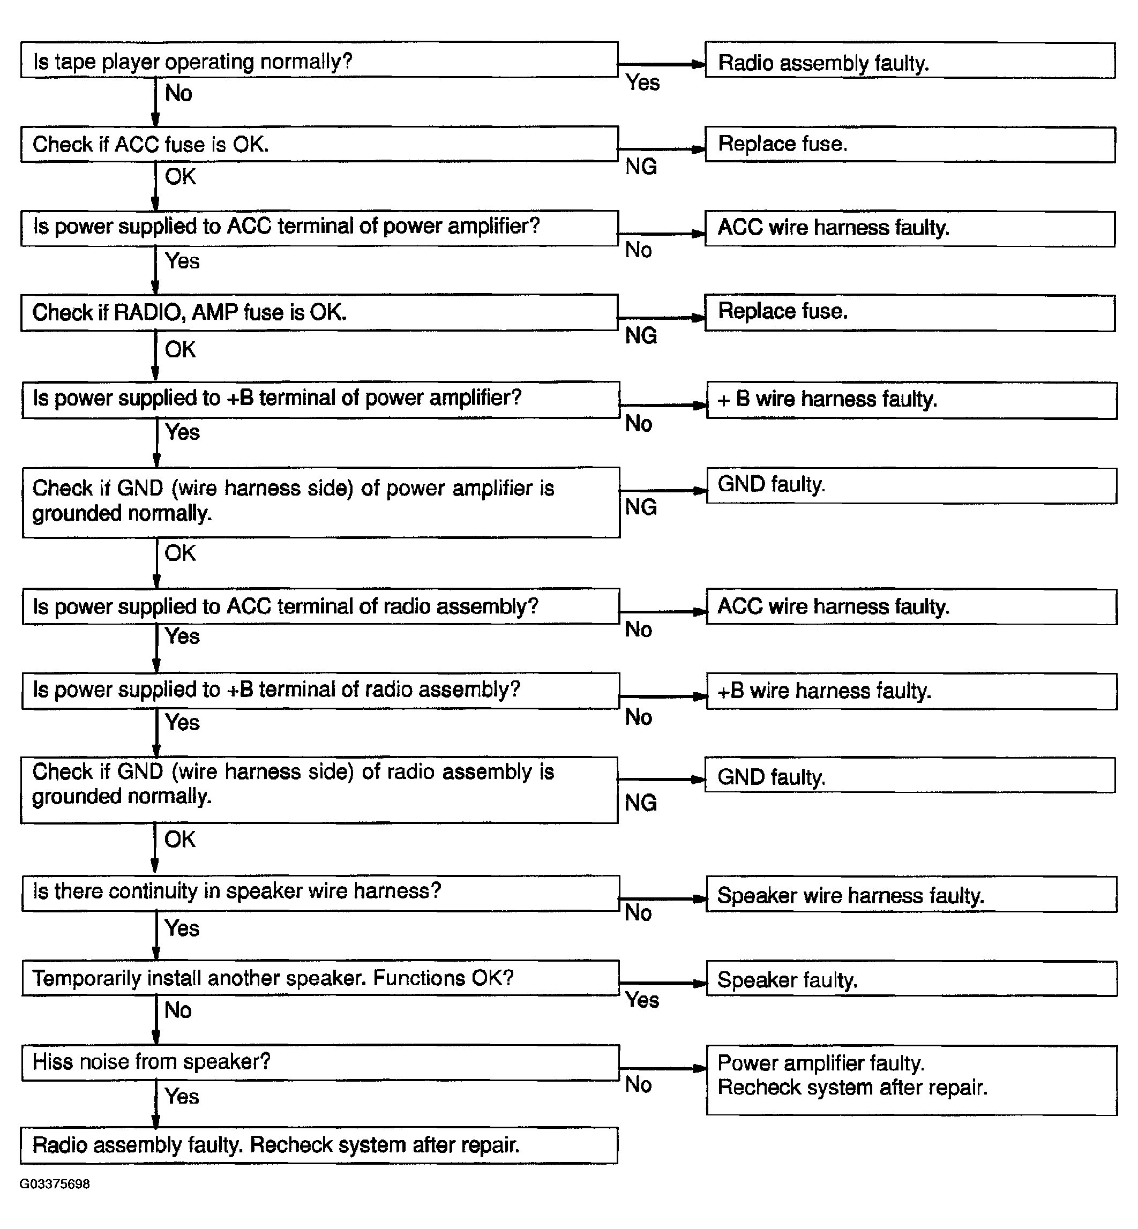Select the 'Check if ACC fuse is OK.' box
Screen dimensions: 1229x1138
(x=319, y=145)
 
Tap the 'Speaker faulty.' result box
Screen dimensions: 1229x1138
(x=911, y=979)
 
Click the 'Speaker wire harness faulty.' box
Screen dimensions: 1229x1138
(x=911, y=895)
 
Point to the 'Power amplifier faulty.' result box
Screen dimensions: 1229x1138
(x=911, y=1080)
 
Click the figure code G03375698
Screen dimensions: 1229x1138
(x=55, y=1184)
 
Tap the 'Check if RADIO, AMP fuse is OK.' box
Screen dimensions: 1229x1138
(x=319, y=313)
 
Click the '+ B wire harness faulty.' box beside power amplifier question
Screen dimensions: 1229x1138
(x=911, y=400)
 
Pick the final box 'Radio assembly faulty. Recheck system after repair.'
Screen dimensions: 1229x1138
(x=319, y=1145)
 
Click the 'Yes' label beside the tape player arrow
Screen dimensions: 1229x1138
(x=642, y=83)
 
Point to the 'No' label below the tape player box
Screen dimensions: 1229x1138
(x=178, y=94)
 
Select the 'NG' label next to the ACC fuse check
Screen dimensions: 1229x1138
(x=641, y=167)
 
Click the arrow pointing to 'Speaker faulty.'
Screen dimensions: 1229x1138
(x=662, y=983)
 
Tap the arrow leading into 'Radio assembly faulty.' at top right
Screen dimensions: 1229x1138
(x=662, y=64)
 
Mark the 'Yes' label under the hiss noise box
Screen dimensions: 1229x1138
(x=182, y=1096)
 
